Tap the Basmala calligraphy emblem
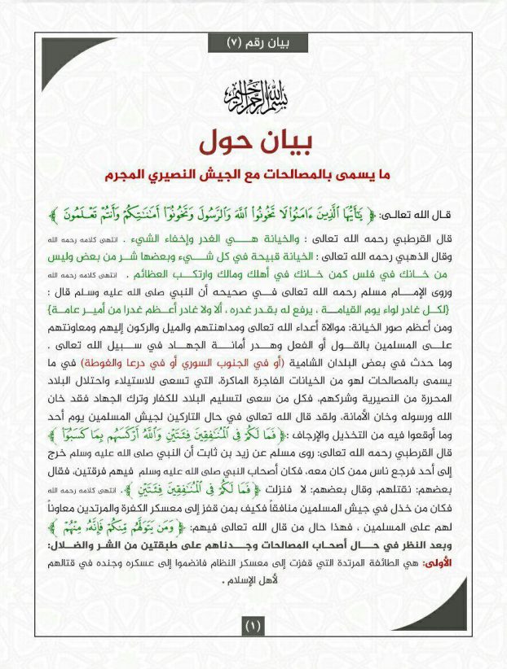tap(253, 98)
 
